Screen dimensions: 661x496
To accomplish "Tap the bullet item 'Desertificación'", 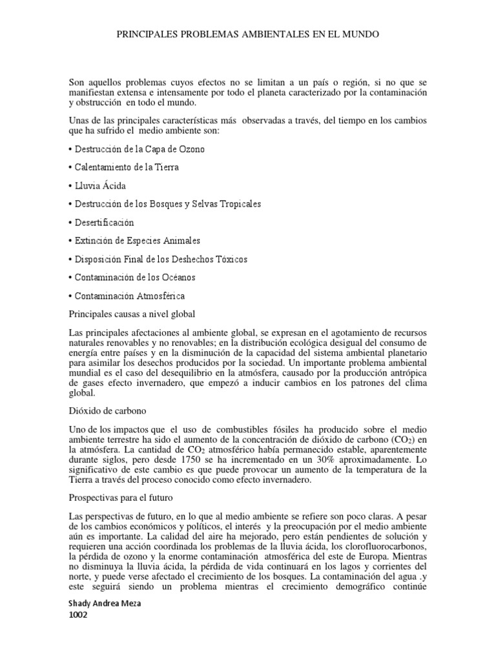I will click(101, 223).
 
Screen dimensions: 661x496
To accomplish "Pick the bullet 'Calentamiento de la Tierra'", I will click(123, 167).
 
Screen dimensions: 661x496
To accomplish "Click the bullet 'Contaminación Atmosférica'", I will click(127, 296).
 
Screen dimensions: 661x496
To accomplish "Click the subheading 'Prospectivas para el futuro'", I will click(120, 498).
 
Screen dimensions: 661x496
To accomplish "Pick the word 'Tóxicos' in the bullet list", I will click(231, 259).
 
